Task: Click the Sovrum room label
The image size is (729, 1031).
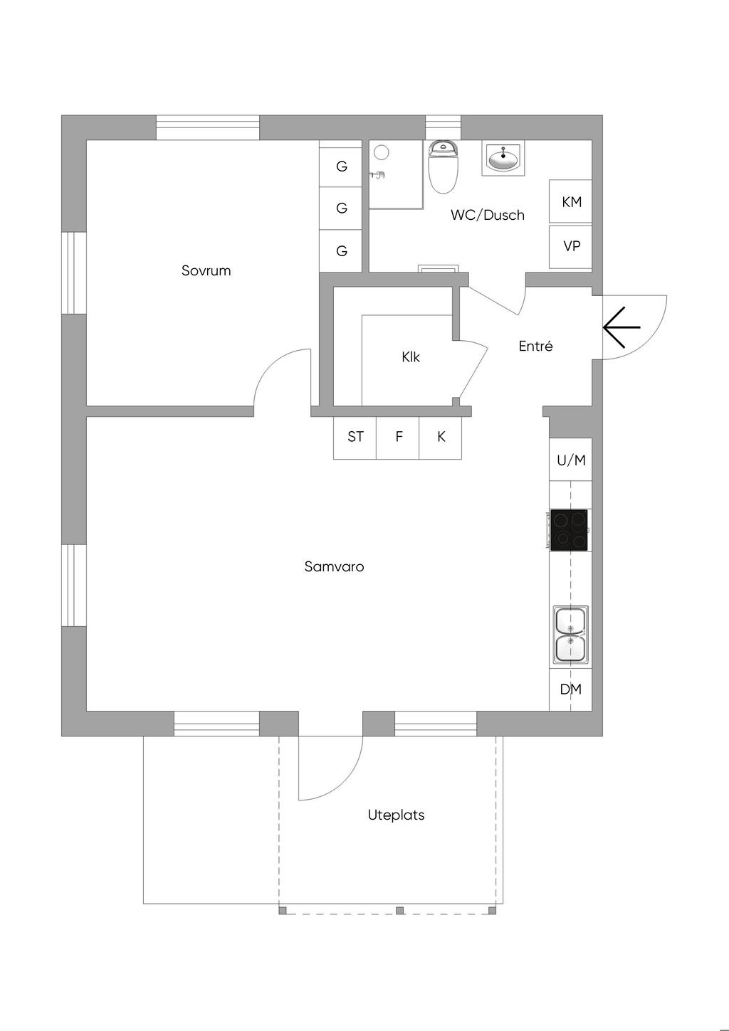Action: click(x=206, y=270)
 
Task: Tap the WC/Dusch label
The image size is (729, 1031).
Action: click(x=487, y=214)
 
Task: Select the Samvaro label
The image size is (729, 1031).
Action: click(x=334, y=566)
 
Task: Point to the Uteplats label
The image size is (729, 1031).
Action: click(x=396, y=815)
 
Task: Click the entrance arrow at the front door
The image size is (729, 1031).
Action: click(x=622, y=327)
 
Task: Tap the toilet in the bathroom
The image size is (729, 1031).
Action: click(x=443, y=167)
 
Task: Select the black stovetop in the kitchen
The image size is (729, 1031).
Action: click(x=569, y=530)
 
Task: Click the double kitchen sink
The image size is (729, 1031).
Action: click(x=570, y=635)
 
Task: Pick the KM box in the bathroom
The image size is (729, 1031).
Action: click(x=570, y=201)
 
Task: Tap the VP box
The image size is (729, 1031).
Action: click(x=570, y=246)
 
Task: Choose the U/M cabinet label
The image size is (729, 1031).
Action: click(x=571, y=460)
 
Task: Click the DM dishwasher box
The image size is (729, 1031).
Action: click(x=570, y=689)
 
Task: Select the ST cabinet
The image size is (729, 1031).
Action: click(x=355, y=438)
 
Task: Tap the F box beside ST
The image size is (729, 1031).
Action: click(x=398, y=438)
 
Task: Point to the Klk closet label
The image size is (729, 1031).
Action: click(x=410, y=356)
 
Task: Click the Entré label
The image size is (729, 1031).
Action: click(x=535, y=346)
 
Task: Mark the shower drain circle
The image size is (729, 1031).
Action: click(x=382, y=152)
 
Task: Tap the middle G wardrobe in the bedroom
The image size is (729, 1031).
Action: click(x=341, y=208)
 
